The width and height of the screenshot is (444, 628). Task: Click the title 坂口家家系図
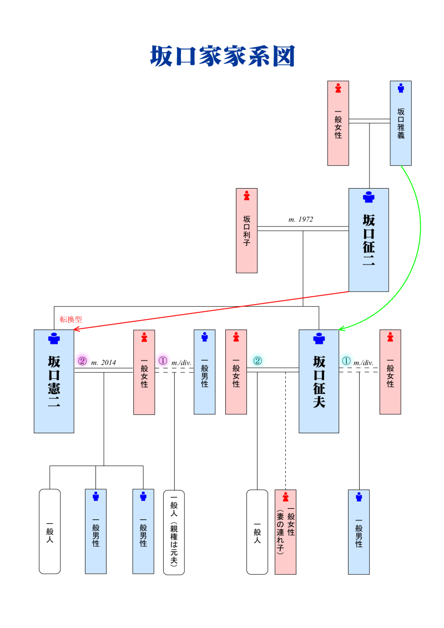click(x=222, y=57)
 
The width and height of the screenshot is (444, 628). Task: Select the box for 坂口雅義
click(x=401, y=123)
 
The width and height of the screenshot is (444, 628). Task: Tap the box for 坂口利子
click(x=246, y=231)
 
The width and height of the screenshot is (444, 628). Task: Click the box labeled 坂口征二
click(x=369, y=240)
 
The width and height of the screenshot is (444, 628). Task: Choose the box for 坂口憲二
click(x=54, y=381)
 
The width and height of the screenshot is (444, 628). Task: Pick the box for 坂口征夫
click(x=319, y=381)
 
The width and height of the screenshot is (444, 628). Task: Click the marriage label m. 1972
click(x=301, y=220)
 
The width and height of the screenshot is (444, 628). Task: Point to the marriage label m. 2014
click(x=103, y=363)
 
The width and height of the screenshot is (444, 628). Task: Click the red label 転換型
click(x=71, y=320)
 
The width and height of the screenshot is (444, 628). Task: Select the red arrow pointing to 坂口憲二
click(x=211, y=310)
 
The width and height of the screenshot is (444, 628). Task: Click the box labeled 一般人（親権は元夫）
click(x=174, y=532)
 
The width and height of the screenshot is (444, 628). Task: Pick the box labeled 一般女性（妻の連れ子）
click(x=285, y=532)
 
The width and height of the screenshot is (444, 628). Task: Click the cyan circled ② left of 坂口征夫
click(x=258, y=361)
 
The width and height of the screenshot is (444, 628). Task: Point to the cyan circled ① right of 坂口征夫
click(x=346, y=361)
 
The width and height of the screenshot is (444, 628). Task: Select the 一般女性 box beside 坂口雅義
click(x=338, y=123)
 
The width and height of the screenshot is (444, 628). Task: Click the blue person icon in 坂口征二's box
click(x=369, y=197)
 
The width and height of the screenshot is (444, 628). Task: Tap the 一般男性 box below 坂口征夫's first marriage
click(x=359, y=532)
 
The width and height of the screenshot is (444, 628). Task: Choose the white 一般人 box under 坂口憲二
click(x=49, y=531)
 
